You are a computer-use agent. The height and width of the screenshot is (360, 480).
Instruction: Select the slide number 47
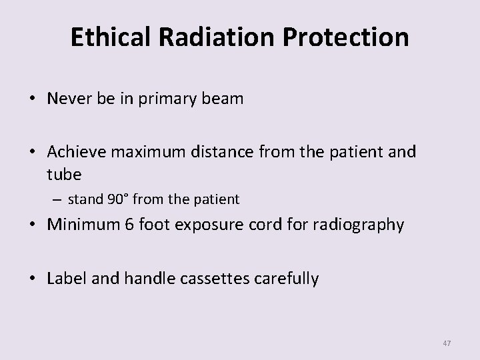pyautogui.click(x=447, y=343)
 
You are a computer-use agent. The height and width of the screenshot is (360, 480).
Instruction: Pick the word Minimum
pyautogui.click(x=79, y=225)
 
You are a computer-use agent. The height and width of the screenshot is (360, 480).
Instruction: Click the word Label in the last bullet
pyautogui.click(x=65, y=278)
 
